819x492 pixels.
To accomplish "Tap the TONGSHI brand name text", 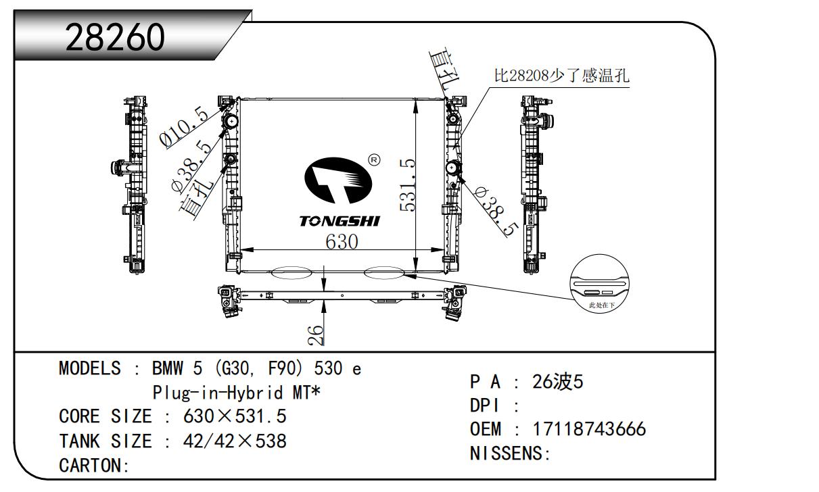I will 340,222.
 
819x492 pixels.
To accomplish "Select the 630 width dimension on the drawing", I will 342,241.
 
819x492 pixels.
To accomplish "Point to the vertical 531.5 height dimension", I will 408,184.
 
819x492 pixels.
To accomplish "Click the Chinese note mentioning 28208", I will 561,76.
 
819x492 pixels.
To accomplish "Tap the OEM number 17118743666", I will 589,429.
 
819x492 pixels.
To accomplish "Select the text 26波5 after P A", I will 557,383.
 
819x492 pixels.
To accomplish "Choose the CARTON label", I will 94,466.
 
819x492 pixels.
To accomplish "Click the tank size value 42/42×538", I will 235,442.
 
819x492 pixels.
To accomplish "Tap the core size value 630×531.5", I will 235,416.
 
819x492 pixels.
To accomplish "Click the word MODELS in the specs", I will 90,369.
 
